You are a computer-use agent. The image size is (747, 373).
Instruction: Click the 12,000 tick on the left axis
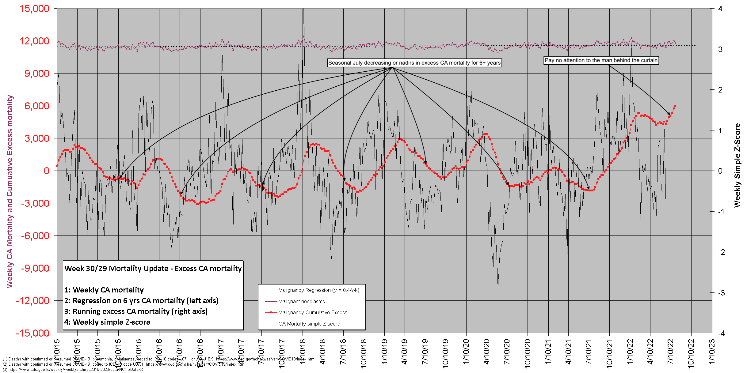coord(34,41)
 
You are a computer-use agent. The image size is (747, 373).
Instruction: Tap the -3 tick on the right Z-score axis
coord(721,293)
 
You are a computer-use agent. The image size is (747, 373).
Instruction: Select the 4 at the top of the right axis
coord(720,9)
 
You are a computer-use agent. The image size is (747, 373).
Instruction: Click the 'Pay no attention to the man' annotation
coord(601,60)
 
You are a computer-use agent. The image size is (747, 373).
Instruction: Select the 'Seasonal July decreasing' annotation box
coord(414,63)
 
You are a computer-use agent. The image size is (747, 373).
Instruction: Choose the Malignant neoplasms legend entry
coord(302,301)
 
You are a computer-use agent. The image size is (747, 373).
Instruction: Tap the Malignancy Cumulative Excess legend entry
coord(313,312)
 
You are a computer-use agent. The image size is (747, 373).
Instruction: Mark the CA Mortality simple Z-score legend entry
coord(309,324)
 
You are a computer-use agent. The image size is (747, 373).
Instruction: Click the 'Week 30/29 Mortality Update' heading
coord(153,269)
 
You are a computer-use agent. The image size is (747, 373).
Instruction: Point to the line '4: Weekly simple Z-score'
coord(107,322)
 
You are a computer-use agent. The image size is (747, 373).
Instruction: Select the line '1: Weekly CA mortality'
coord(104,290)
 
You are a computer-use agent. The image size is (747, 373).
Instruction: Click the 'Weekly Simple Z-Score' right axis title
coord(737,165)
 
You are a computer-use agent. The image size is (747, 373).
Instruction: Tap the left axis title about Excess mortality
coord(10,191)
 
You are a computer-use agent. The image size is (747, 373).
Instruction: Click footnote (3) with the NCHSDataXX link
coord(73,369)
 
